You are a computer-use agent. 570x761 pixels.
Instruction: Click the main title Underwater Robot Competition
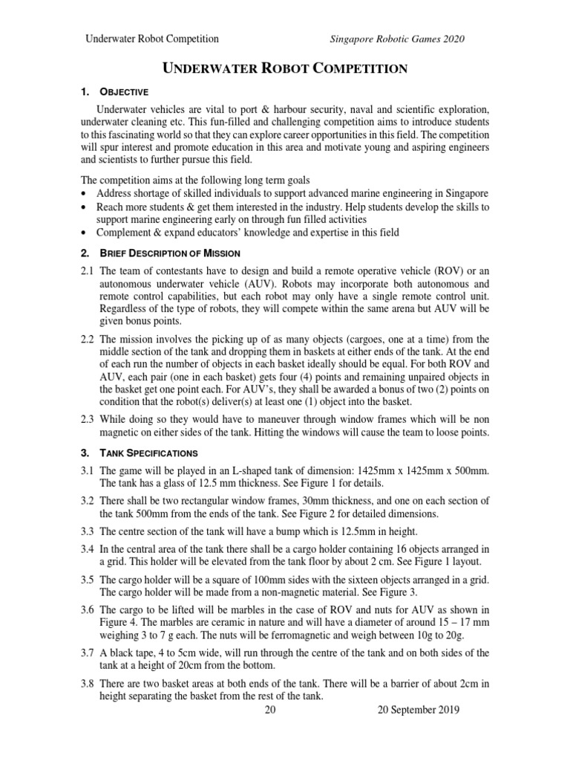tap(285, 69)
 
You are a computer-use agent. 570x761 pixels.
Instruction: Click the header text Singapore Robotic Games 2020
tap(398, 39)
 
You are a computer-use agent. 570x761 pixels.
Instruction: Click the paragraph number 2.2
tap(88, 340)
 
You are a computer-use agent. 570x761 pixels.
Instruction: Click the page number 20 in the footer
tap(270, 710)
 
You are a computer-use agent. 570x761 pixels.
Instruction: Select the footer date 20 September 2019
tap(418, 710)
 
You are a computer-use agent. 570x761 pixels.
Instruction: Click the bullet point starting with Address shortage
tap(281, 192)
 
